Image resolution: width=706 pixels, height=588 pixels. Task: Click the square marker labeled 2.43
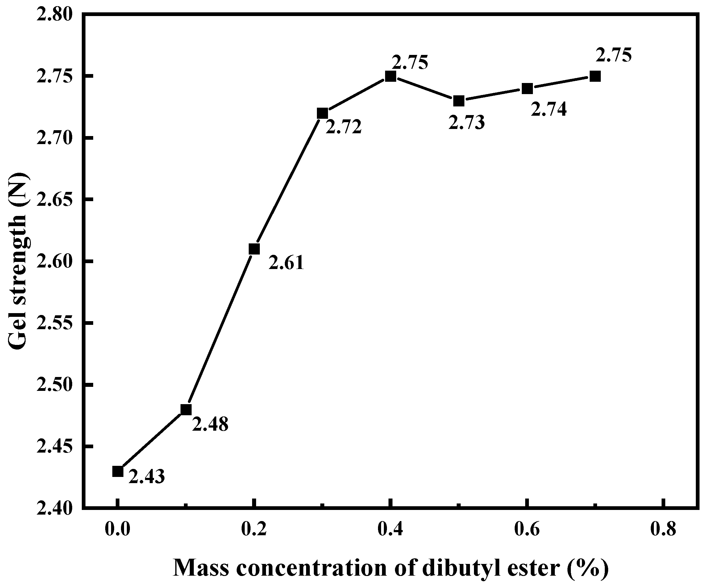pos(117,472)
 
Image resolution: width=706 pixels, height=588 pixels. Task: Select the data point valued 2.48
pos(186,410)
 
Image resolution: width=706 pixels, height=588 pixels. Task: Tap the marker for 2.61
pos(254,249)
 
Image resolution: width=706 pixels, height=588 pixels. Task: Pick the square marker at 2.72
pos(322,113)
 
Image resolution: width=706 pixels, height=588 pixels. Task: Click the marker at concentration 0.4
pos(390,76)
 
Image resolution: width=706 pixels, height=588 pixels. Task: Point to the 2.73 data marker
pos(459,101)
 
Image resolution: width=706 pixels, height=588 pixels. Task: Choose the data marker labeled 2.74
pos(527,89)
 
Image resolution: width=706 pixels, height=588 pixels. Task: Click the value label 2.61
pos(286,263)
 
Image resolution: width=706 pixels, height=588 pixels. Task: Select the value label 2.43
pos(147,477)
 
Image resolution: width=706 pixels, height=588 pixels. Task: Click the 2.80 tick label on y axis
pos(55,15)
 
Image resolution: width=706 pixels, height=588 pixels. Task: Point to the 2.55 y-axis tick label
pos(55,323)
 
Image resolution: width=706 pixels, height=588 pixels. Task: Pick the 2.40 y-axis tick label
pos(55,508)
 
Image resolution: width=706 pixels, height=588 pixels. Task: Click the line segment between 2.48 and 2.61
pos(220,329)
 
